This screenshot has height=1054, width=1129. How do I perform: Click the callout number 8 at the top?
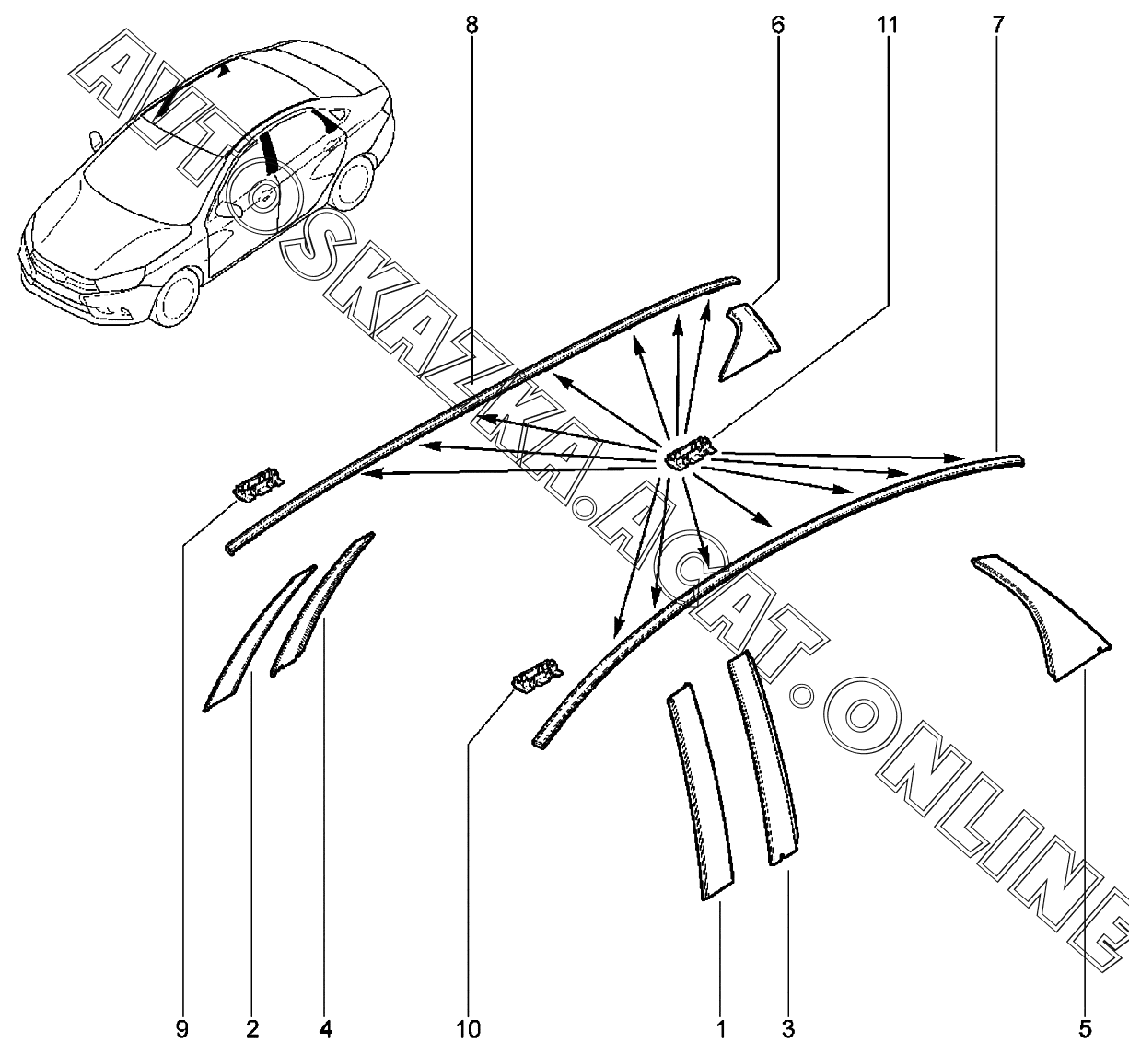pyautogui.click(x=471, y=25)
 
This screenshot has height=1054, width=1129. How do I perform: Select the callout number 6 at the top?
pyautogui.click(x=777, y=25)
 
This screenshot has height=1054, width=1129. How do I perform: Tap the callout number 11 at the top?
pyautogui.click(x=887, y=25)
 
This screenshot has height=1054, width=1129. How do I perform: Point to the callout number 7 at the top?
pyautogui.click(x=998, y=25)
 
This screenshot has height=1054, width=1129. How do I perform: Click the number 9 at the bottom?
pyautogui.click(x=182, y=1029)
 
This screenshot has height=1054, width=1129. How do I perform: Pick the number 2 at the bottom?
pyautogui.click(x=252, y=1029)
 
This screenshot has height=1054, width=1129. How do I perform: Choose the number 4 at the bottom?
pyautogui.click(x=325, y=1029)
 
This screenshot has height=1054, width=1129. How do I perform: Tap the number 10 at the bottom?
pyautogui.click(x=468, y=1029)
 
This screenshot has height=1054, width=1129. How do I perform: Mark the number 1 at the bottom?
pyautogui.click(x=721, y=1029)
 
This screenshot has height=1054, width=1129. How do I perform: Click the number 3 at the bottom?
pyautogui.click(x=788, y=1029)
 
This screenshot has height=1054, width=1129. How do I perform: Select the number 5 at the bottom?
pyautogui.click(x=1085, y=1029)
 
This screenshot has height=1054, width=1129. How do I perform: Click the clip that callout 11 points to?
pyautogui.click(x=689, y=453)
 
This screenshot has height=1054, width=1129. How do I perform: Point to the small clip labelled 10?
pyautogui.click(x=537, y=676)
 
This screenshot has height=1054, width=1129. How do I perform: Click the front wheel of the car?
pyautogui.click(x=177, y=297)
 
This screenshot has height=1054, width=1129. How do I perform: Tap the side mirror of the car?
pyautogui.click(x=96, y=141)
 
